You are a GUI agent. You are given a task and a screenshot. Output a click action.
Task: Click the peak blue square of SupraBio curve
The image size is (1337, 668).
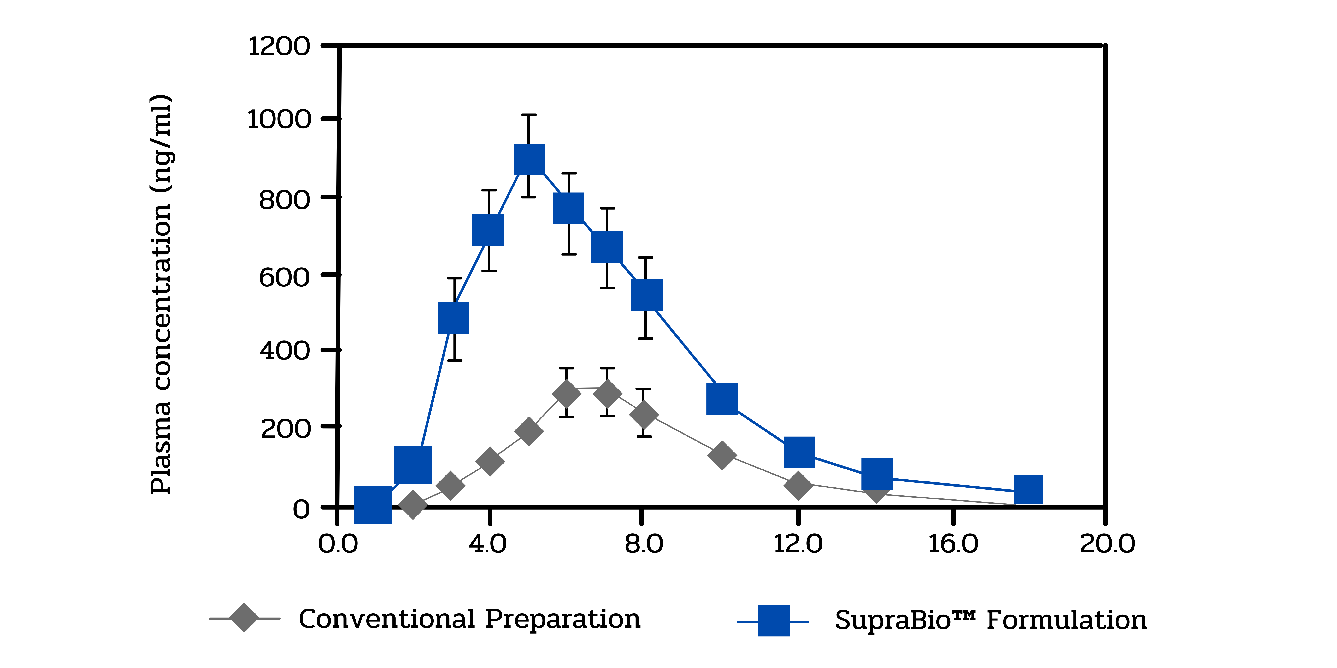click(529, 159)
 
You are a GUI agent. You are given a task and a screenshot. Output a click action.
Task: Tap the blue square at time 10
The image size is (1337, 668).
click(722, 399)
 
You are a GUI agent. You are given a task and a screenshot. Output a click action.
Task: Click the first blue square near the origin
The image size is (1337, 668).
click(373, 504)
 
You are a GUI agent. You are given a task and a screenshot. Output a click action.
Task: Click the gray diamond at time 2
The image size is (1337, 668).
click(413, 505)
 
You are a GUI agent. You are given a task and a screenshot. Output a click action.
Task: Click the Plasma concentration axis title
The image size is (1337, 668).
click(161, 294)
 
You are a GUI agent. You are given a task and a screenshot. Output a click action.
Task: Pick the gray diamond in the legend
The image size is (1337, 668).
click(244, 618)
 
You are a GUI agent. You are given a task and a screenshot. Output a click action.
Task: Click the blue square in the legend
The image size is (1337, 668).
click(773, 620)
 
